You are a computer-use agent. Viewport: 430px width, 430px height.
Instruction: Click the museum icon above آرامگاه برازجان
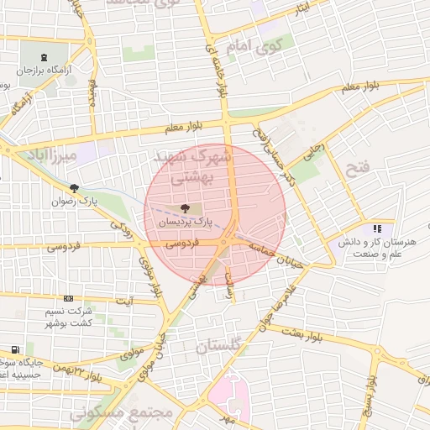(x=44, y=54)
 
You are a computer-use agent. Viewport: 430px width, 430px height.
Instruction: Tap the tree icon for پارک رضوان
(x=75, y=188)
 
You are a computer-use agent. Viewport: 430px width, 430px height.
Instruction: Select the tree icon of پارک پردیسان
(x=184, y=208)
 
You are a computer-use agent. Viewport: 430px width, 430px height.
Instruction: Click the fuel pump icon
(x=14, y=349)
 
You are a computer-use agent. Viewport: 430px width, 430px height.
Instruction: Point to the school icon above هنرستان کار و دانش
(x=378, y=228)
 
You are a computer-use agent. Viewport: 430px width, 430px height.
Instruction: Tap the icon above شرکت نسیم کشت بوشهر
(x=68, y=298)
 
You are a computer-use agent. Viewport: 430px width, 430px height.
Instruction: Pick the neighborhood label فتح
(x=357, y=169)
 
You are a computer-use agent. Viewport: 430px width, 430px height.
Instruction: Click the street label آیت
(x=123, y=300)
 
